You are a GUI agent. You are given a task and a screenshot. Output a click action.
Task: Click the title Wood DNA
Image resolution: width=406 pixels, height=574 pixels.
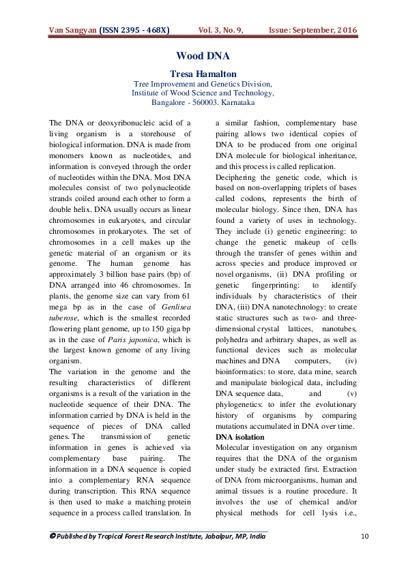(x=203, y=56)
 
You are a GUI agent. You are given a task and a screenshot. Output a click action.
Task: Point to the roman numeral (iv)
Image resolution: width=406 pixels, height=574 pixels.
(x=351, y=360)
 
